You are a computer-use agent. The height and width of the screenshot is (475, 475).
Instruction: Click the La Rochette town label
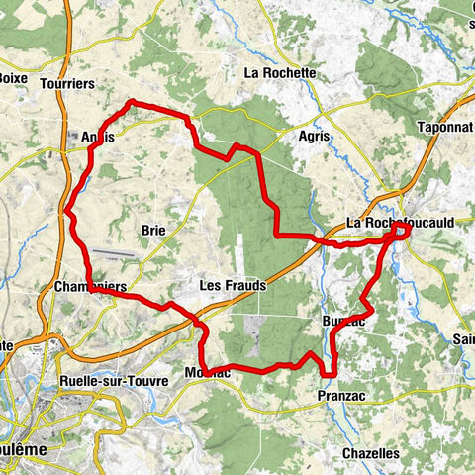coord(280,73)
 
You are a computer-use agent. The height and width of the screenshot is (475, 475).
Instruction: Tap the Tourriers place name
coord(68,85)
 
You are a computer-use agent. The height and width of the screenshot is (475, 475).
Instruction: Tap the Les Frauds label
coord(233,285)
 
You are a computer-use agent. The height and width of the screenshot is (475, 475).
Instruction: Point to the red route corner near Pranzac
coord(327,373)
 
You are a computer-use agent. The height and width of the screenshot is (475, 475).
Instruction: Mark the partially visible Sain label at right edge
coord(463,339)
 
